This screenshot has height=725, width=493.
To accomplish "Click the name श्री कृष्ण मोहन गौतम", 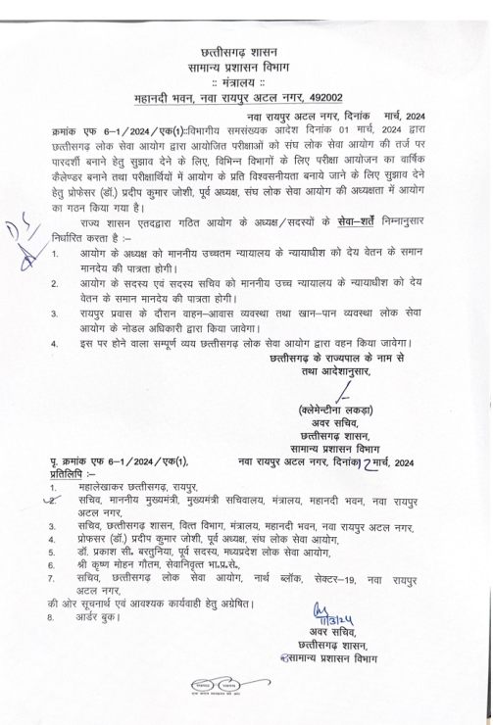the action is click(130, 565).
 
